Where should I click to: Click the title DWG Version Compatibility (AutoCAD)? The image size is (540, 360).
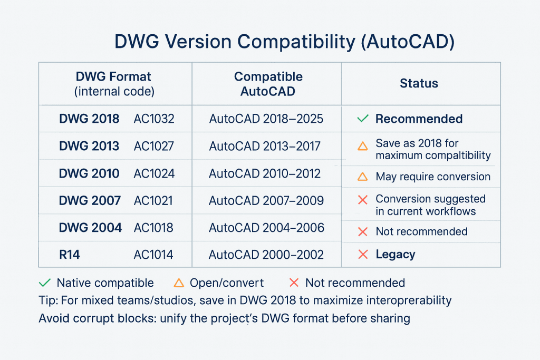(284, 42)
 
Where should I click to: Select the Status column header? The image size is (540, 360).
(419, 83)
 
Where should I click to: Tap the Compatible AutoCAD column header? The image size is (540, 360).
(268, 84)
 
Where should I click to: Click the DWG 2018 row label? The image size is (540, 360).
(89, 119)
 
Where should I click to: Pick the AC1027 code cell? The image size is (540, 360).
(153, 146)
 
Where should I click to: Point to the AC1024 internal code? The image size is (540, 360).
(153, 173)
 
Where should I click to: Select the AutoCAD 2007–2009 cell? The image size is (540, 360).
(266, 201)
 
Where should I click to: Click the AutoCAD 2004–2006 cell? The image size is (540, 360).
(266, 228)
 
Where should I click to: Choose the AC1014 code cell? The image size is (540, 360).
(153, 255)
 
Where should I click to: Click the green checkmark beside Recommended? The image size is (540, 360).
(363, 119)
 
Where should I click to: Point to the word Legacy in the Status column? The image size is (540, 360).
(395, 255)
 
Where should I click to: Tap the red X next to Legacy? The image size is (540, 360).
(363, 255)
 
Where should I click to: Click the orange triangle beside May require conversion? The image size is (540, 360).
(363, 177)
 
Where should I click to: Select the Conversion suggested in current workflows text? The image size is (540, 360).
(430, 205)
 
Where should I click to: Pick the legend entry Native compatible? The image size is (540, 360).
(105, 283)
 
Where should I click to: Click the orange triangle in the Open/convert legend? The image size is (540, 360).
(179, 283)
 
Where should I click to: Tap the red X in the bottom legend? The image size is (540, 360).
(294, 283)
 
